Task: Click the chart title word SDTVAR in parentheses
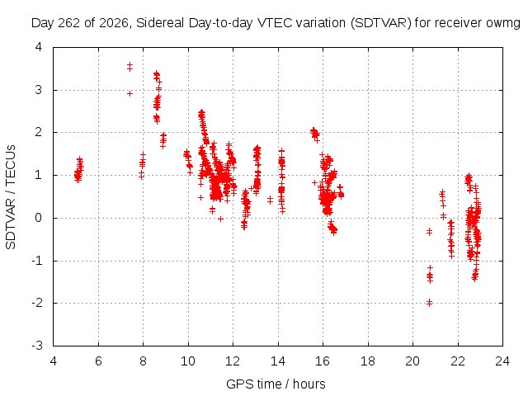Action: pyautogui.click(x=381, y=23)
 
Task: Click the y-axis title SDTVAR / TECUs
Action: pyautogui.click(x=11, y=197)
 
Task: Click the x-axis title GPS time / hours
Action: pyautogui.click(x=276, y=384)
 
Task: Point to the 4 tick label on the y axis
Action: pyautogui.click(x=39, y=47)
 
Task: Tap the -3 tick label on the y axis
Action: pyautogui.click(x=36, y=346)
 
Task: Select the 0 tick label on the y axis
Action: pyautogui.click(x=39, y=218)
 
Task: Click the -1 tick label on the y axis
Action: pyautogui.click(x=36, y=261)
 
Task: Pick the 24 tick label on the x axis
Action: pyautogui.click(x=502, y=361)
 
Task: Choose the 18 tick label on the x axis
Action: pyautogui.click(x=368, y=361)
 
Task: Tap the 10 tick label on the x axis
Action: pyautogui.click(x=188, y=361)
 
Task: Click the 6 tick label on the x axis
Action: pyautogui.click(x=98, y=361)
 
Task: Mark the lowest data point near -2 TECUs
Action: pyautogui.click(x=429, y=304)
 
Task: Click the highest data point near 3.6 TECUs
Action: pyautogui.click(x=130, y=64)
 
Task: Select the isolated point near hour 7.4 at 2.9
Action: pyautogui.click(x=130, y=93)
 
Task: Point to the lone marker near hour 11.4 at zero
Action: pyautogui.click(x=220, y=219)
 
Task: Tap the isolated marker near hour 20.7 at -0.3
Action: pyautogui.click(x=429, y=232)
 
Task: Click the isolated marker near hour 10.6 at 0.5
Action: pyautogui.click(x=200, y=197)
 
